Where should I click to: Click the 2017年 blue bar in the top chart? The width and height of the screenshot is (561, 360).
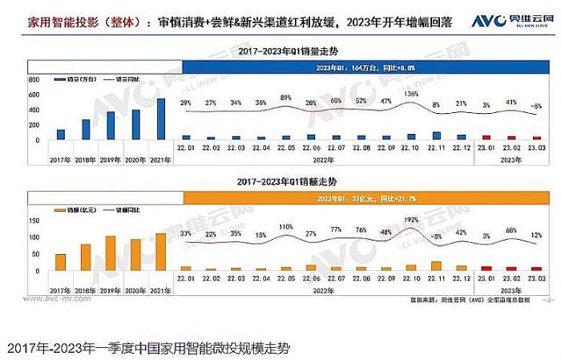tap(61, 135)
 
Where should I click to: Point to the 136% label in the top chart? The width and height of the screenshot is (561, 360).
tap(412, 95)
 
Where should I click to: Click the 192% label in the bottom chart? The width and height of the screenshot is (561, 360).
tap(412, 220)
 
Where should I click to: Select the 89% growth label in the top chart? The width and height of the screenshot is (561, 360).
tap(286, 98)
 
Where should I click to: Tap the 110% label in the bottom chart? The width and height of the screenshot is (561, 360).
tap(286, 227)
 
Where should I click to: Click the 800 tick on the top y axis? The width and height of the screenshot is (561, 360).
tap(34, 81)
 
